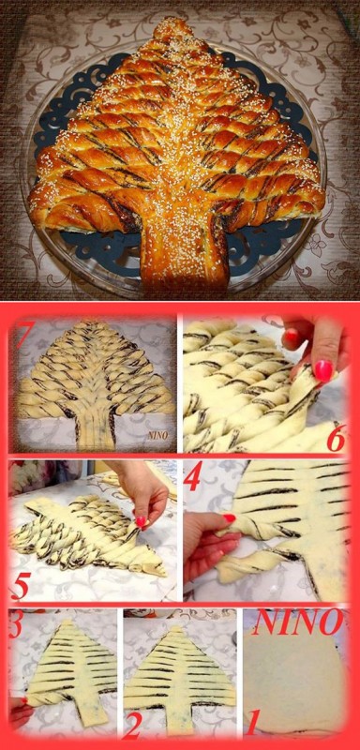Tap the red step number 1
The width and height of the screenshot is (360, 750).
pos(253,723)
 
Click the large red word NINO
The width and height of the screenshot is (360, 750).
pos(297,622)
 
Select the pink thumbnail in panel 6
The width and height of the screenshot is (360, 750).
pos(322,370)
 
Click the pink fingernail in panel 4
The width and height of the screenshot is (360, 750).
pos(230,517)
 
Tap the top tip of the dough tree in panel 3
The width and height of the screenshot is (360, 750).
pos(67,621)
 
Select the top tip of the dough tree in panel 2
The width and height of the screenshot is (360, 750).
pos(179,627)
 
